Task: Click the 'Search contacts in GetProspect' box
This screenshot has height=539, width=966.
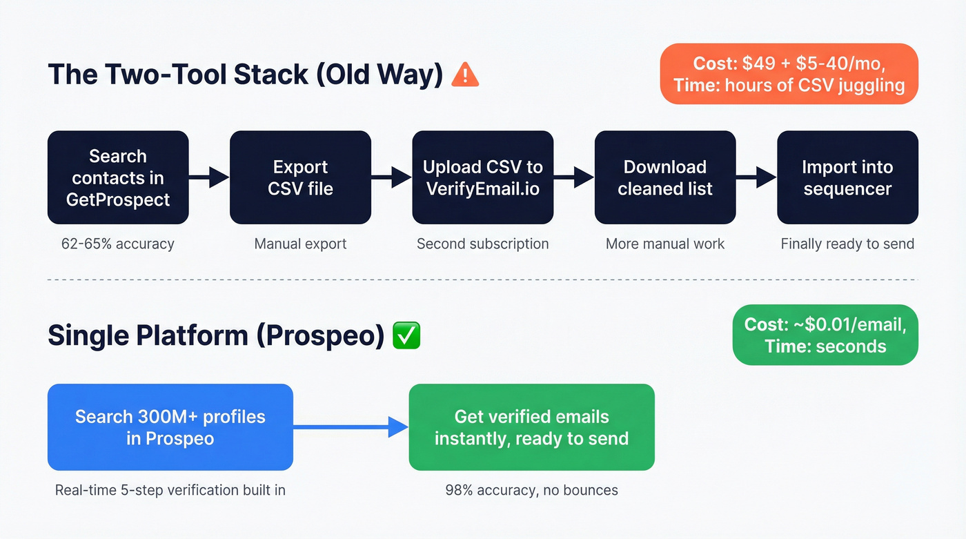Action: pos(118,177)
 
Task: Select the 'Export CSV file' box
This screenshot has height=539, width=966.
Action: pos(300,177)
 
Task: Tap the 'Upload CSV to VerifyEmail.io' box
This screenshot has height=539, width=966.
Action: pos(483,177)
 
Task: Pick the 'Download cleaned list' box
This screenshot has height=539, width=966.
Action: pos(665,177)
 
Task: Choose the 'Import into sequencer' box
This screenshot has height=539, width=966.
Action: pos(847,177)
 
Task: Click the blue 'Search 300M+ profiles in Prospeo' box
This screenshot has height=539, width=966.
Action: pos(170,427)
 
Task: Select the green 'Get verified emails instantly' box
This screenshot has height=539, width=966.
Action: pos(531,427)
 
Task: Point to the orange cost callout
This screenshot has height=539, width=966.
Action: pos(789,74)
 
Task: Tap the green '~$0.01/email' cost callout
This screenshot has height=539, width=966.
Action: pos(825,335)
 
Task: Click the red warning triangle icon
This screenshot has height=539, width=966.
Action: pos(465,75)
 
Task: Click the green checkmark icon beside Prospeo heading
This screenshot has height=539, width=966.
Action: pos(406,335)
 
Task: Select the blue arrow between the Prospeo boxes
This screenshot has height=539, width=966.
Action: pos(351,427)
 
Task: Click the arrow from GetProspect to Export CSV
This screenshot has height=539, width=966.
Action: pos(209,177)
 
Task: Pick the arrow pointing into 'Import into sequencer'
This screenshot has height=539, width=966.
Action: pos(756,177)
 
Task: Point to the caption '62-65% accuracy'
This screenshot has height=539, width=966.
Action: pos(118,243)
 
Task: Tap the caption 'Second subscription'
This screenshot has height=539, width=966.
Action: pos(483,243)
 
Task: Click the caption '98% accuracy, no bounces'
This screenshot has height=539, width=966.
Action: pos(531,491)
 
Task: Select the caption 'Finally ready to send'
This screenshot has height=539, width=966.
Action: pos(847,243)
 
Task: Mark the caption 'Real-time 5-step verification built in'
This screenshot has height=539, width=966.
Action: pos(170,491)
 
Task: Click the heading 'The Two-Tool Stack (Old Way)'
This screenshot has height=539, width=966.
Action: pos(245,75)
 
